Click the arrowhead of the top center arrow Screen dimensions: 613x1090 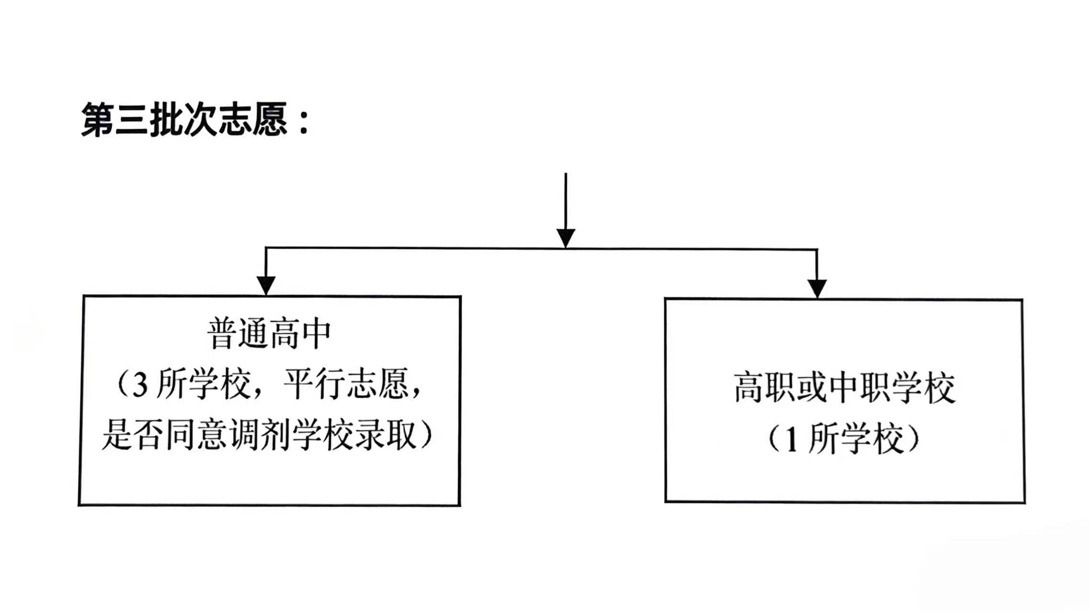click(566, 238)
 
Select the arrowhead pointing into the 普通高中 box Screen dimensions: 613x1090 click(266, 285)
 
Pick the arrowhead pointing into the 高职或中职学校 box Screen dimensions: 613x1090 click(817, 288)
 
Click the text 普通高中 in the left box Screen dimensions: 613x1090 click(269, 334)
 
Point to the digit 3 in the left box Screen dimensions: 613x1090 click(139, 385)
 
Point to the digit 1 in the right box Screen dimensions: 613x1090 click(791, 440)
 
